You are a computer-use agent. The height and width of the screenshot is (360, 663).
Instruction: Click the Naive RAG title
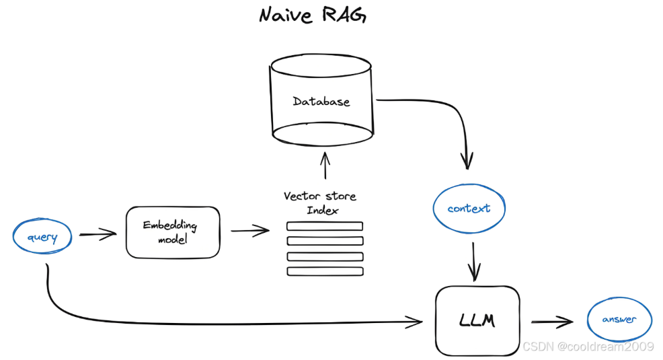pyautogui.click(x=313, y=15)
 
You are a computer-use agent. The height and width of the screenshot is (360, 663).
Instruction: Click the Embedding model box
pyautogui.click(x=173, y=232)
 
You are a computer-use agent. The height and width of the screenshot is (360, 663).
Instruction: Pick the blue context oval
pyautogui.click(x=469, y=209)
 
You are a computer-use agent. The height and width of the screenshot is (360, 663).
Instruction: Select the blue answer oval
pyautogui.click(x=619, y=320)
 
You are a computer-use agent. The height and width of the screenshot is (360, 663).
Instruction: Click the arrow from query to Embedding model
pyautogui.click(x=97, y=235)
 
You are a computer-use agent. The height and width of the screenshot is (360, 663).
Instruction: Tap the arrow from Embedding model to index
pyautogui.click(x=250, y=231)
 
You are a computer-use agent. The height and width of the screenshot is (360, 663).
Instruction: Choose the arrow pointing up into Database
pyautogui.click(x=325, y=165)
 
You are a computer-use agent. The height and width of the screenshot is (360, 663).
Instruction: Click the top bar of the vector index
pyautogui.click(x=325, y=226)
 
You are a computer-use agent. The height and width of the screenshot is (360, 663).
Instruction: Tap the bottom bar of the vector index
pyautogui.click(x=325, y=271)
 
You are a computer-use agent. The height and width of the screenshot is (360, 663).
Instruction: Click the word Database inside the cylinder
pyautogui.click(x=321, y=102)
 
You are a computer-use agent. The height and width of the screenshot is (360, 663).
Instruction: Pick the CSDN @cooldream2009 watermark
pyautogui.click(x=588, y=346)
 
